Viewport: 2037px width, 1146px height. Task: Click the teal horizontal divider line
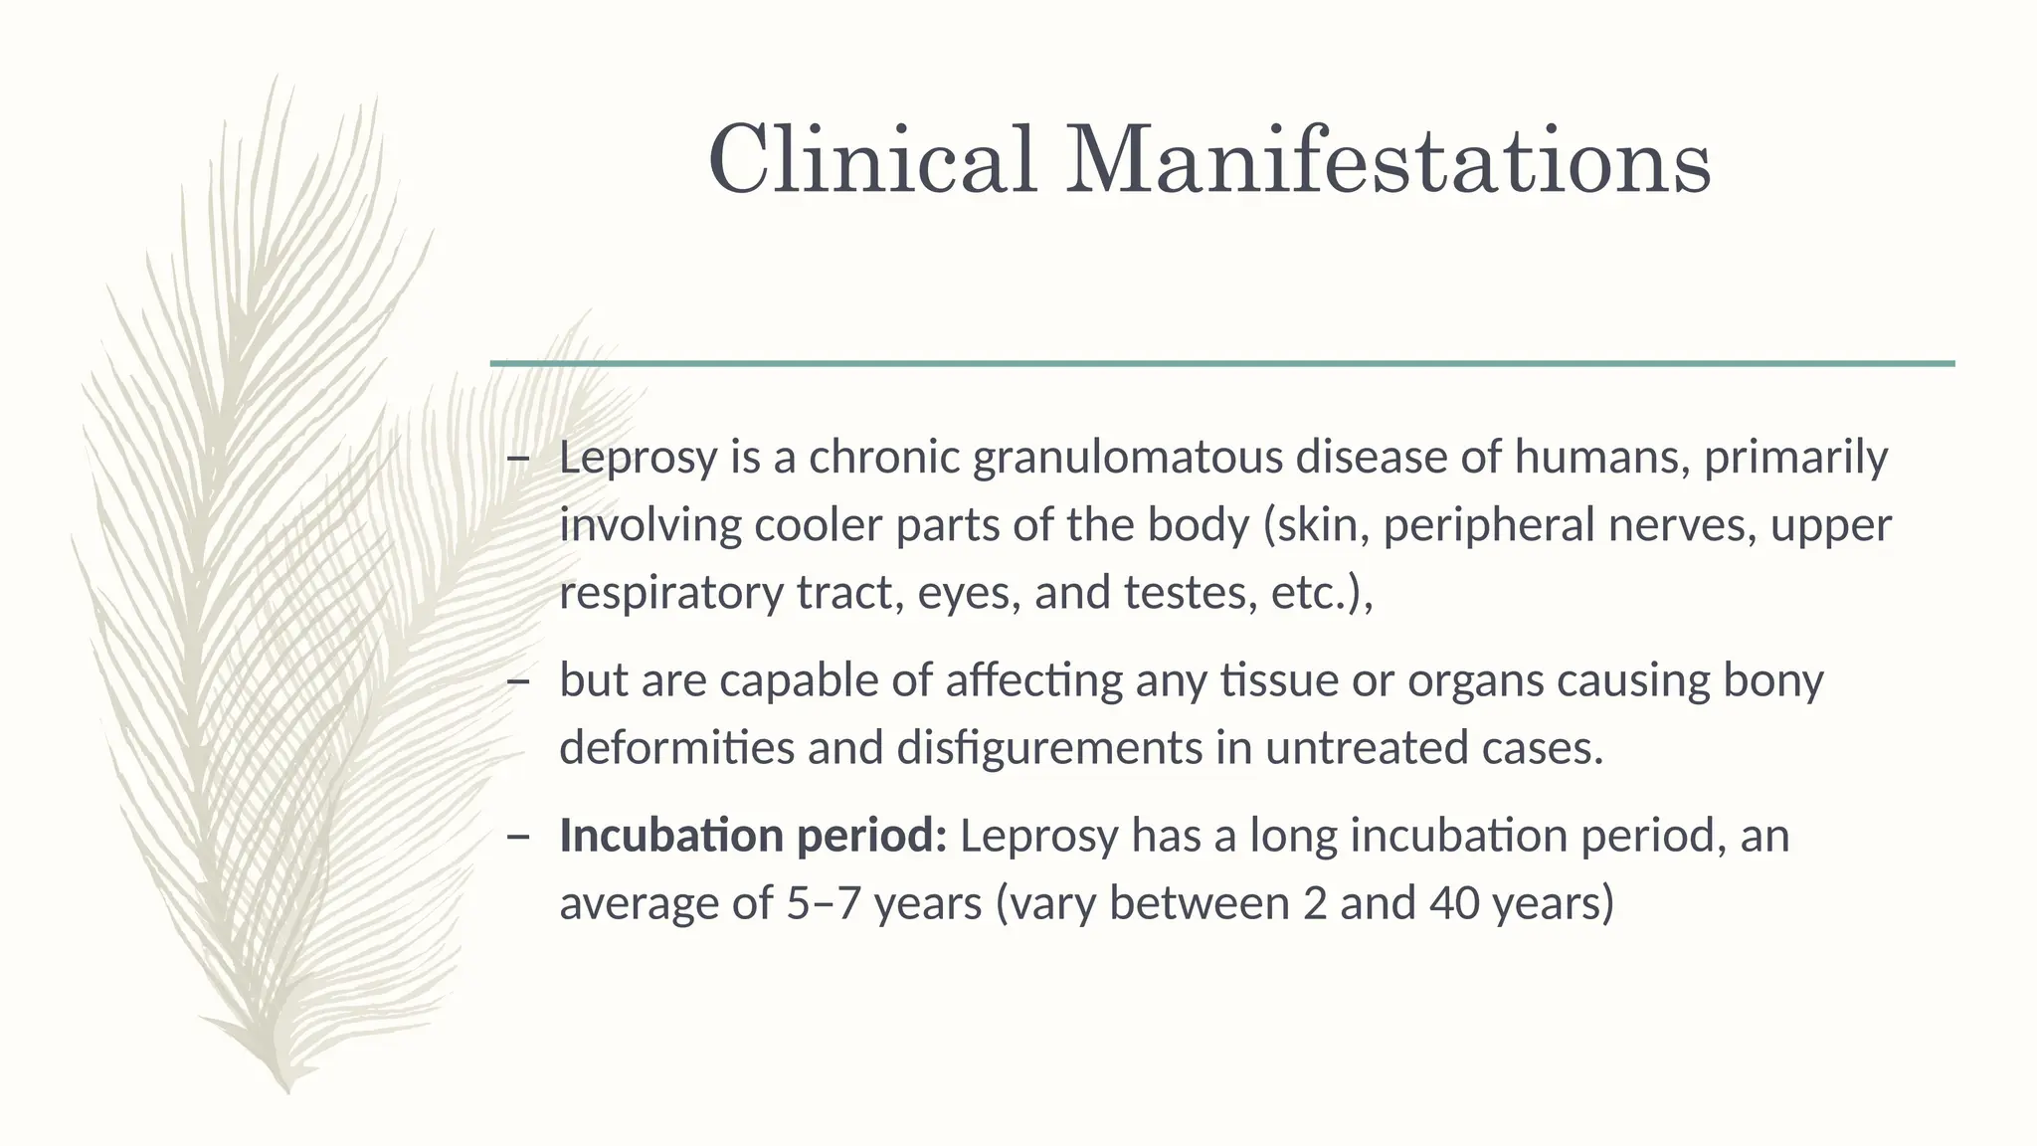point(1221,364)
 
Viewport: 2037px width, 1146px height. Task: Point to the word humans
point(1601,458)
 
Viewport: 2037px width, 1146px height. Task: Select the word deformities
point(676,748)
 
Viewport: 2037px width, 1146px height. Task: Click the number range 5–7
point(823,903)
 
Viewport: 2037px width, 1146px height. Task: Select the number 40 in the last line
point(1454,903)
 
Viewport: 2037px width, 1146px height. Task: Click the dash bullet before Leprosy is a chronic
point(517,459)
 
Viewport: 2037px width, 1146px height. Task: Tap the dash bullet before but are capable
point(517,681)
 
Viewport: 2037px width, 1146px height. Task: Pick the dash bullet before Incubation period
point(517,837)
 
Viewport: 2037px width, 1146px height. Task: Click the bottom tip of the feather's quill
point(287,1090)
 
